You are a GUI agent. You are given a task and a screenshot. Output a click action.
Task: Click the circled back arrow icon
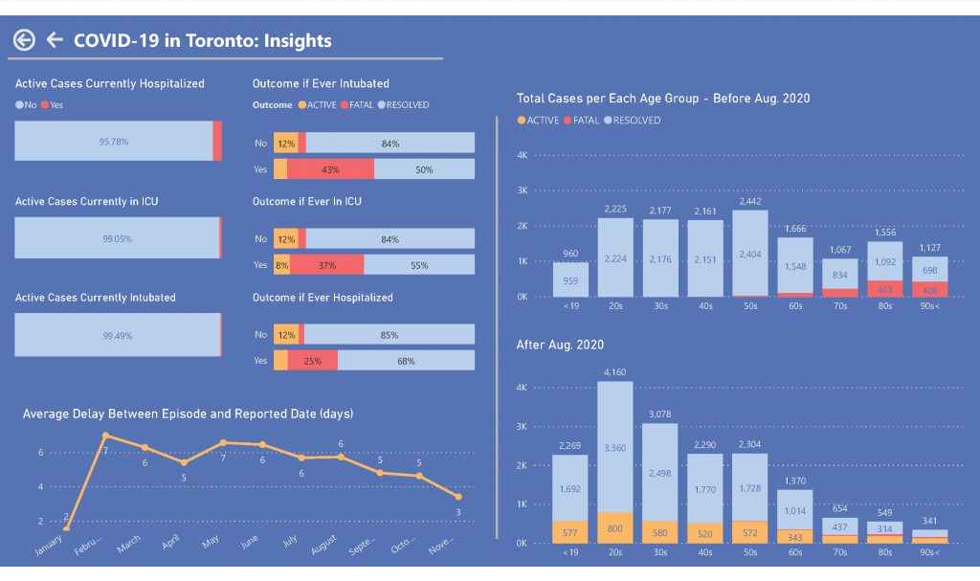[x=24, y=40]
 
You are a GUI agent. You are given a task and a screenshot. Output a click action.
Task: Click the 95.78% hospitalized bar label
[x=113, y=142]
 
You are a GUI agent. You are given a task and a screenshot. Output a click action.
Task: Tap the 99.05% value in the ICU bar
[x=116, y=238]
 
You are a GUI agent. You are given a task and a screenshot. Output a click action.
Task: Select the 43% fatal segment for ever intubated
[x=330, y=169]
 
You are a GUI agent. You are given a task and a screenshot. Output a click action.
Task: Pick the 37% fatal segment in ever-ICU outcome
[x=326, y=265]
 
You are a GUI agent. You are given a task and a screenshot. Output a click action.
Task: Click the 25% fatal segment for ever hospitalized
[x=312, y=361]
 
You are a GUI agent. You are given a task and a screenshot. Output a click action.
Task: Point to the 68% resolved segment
[x=406, y=361]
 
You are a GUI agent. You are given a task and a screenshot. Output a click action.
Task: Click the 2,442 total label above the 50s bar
[x=750, y=202]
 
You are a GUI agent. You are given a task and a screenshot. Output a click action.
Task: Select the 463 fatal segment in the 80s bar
[x=884, y=288]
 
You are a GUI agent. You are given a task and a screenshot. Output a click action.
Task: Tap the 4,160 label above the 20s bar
[x=615, y=371]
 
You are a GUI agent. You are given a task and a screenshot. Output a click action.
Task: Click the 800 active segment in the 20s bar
[x=615, y=527]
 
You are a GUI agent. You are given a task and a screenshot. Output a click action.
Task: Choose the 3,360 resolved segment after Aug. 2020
[x=615, y=447]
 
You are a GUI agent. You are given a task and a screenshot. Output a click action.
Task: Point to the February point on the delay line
[x=105, y=436]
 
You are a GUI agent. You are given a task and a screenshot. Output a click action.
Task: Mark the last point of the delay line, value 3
[x=458, y=497]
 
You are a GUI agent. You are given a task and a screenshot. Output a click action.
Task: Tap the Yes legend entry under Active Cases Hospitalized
[x=54, y=105]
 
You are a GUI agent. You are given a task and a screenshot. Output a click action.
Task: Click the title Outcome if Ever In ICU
[x=306, y=202]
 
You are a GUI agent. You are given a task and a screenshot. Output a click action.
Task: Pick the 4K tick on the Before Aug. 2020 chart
[x=522, y=155]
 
